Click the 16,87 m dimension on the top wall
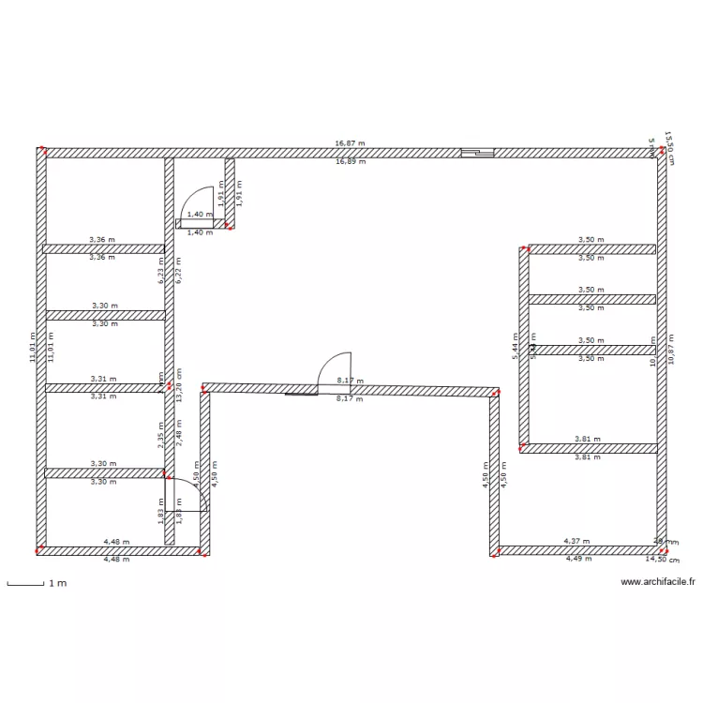pos(350,144)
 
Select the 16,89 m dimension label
pos(350,161)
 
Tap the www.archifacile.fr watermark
pos(658,581)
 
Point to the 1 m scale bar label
pos(57,583)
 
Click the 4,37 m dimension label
pos(577,542)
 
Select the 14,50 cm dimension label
pos(662,559)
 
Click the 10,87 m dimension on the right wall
pos(671,349)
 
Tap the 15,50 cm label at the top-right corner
pos(668,146)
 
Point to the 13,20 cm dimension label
pos(178,384)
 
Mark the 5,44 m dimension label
pos(515,346)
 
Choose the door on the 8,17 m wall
pos(335,369)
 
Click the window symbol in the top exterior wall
pos(476,153)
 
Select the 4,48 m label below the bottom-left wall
pos(116,560)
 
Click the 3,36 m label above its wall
pos(102,240)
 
